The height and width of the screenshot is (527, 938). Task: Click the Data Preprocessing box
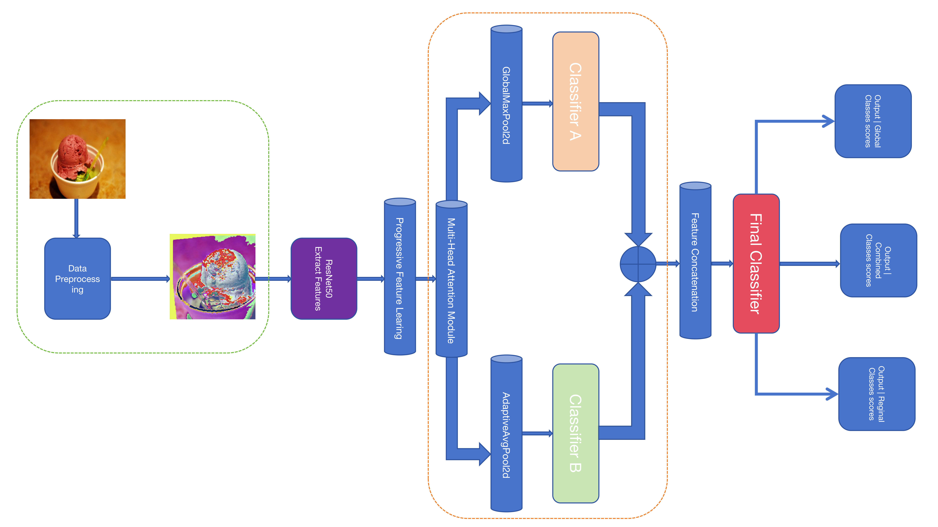77,279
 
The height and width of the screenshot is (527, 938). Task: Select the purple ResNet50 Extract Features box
324,279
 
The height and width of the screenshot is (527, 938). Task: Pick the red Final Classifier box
756,264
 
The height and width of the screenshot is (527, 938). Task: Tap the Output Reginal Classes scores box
876,394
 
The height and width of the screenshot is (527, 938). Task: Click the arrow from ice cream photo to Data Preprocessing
76,218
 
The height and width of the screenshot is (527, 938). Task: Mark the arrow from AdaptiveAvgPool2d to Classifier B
537,433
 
